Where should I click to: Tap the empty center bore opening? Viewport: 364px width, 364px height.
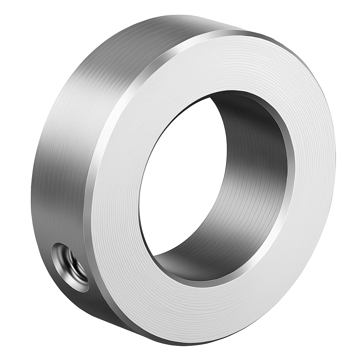pyautogui.click(x=181, y=178)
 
